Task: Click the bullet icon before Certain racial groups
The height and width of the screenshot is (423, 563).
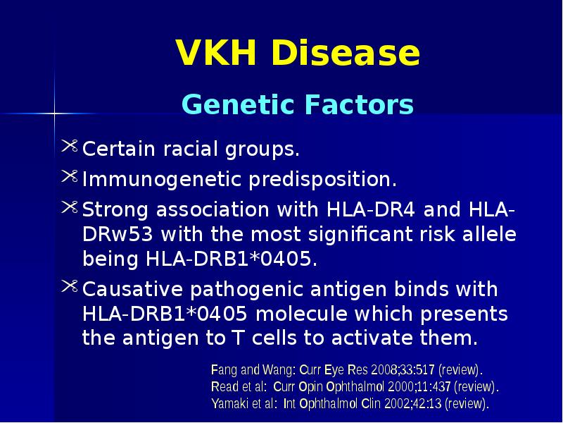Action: click(70, 147)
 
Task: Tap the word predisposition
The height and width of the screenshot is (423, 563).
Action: click(322, 180)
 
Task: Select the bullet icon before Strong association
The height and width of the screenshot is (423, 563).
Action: click(70, 207)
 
